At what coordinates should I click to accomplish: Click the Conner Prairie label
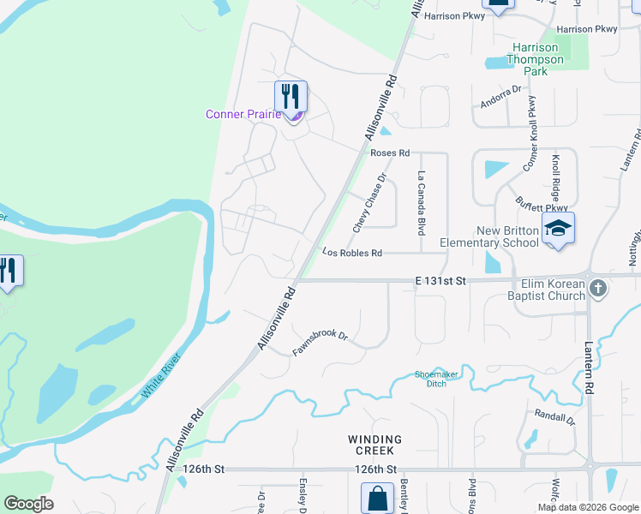pyautogui.click(x=243, y=114)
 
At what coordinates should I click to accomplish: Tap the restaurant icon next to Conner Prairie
pyautogui.click(x=291, y=95)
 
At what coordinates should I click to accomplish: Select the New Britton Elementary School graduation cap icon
pyautogui.click(x=558, y=228)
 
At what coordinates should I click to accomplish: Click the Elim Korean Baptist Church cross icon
pyautogui.click(x=598, y=288)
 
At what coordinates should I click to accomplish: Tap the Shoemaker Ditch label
pyautogui.click(x=437, y=379)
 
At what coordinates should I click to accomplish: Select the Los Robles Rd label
pyautogui.click(x=351, y=253)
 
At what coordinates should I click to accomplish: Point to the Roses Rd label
pyautogui.click(x=390, y=152)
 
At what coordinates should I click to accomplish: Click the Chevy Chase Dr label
pyautogui.click(x=370, y=203)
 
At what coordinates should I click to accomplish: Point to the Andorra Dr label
pyautogui.click(x=501, y=96)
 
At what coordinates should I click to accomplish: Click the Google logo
pyautogui.click(x=29, y=504)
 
